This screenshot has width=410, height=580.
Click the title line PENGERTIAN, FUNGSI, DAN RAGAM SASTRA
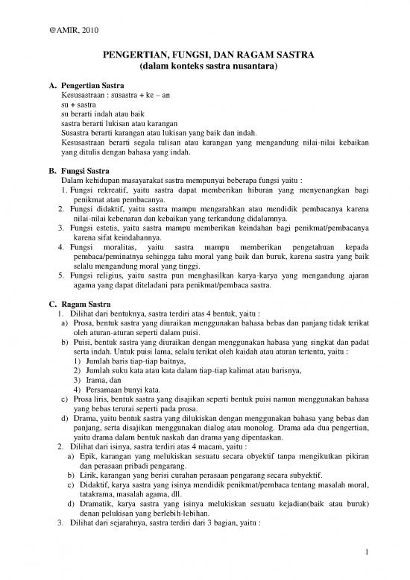tap(204, 55)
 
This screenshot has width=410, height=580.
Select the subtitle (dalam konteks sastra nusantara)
tap(204, 67)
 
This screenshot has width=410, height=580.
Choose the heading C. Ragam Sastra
tap(78, 302)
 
